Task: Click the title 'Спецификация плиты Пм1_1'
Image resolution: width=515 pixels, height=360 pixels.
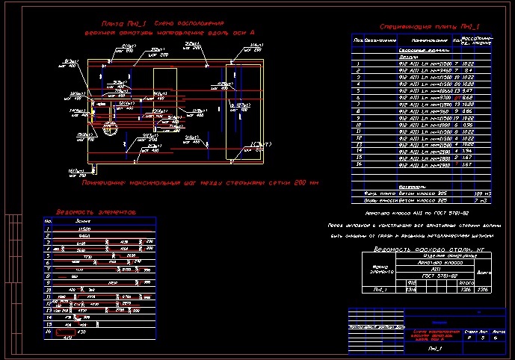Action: [x=429, y=27]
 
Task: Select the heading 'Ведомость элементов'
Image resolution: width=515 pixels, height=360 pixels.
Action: [x=96, y=211]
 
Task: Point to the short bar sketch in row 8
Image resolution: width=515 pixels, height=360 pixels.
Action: [x=75, y=276]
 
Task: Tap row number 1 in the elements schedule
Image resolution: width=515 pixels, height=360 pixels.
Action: [x=48, y=228]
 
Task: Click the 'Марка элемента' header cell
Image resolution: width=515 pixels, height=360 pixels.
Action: [x=380, y=270]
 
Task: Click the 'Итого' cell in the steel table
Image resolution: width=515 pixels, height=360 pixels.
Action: [x=464, y=282]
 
